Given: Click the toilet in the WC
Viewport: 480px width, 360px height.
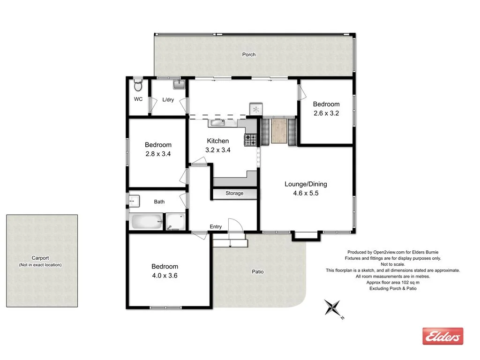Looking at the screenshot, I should point(138,86).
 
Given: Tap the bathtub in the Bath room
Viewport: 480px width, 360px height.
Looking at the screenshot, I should point(147,221).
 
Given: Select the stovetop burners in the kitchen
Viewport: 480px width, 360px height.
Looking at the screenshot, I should point(250,139).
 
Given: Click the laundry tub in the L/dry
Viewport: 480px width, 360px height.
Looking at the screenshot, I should point(180,84).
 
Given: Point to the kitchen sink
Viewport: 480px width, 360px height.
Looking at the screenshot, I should point(218,123).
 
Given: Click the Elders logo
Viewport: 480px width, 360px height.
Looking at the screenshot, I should point(442,336).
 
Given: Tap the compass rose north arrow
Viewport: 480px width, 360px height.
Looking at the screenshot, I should point(334,308).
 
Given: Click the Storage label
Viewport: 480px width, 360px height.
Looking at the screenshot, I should point(234,193).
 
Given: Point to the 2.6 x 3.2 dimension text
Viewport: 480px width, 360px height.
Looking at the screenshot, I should point(326,113).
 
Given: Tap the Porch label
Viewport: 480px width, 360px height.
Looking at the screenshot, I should point(249,55).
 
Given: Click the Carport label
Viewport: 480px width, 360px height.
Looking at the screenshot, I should point(40,258).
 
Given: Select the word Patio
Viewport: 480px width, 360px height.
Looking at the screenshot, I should point(258,271).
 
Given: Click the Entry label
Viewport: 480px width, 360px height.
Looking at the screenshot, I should point(216,227).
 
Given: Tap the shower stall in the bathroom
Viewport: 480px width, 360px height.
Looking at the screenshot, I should point(176,222).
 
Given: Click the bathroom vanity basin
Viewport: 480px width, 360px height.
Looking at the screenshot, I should point(134,201).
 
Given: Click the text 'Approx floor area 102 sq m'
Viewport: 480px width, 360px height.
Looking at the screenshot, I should point(393,283).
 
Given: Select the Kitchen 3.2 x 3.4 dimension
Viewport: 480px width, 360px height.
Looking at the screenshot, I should point(218,150).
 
